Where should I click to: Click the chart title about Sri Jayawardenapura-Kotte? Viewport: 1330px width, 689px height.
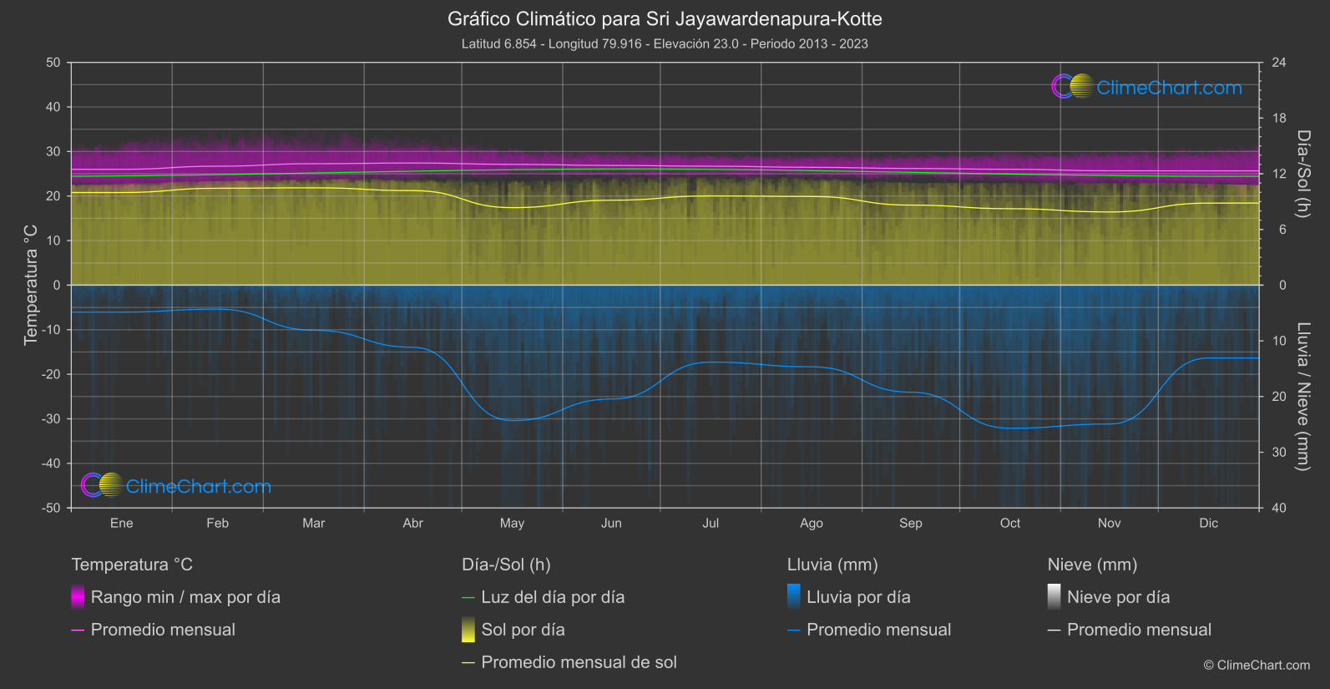point(665,18)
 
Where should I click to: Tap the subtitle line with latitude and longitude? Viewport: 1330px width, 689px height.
point(665,43)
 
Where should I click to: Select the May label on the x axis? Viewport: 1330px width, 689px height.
point(512,523)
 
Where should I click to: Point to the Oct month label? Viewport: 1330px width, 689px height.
point(1009,523)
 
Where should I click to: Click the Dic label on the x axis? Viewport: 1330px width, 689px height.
point(1208,523)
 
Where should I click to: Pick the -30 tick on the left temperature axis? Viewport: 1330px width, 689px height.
point(51,418)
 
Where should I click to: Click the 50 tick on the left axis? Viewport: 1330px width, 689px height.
point(53,63)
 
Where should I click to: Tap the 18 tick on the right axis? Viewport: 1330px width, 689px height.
point(1279,119)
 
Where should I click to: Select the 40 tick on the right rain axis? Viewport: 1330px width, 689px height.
point(1279,508)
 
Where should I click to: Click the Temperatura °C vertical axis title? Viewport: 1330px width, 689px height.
point(31,285)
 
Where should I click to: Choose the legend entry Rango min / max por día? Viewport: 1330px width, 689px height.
point(185,597)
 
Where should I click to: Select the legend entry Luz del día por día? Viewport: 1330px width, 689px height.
point(553,597)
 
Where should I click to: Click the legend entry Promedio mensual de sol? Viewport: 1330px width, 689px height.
point(579,662)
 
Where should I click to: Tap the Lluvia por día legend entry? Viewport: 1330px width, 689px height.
point(858,597)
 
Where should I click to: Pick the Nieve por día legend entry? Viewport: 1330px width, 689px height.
point(1118,597)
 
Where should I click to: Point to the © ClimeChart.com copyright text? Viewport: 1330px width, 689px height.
point(1257,665)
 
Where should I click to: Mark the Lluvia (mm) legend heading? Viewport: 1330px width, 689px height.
point(832,565)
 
